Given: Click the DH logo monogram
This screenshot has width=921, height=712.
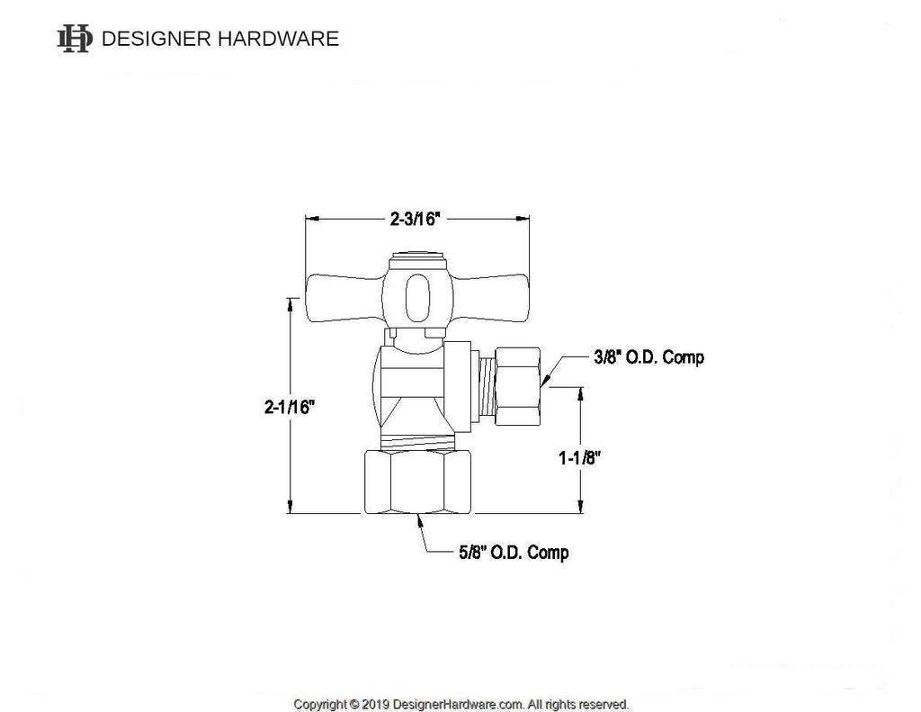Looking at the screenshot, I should pos(75,39).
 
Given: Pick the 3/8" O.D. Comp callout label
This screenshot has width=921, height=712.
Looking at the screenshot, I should pos(648,357).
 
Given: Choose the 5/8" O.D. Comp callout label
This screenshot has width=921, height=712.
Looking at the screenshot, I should pos(513,552).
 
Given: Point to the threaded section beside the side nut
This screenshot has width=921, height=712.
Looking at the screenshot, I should pos(487,385).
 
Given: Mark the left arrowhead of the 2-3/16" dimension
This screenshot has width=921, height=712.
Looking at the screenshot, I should pos(311,218).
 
